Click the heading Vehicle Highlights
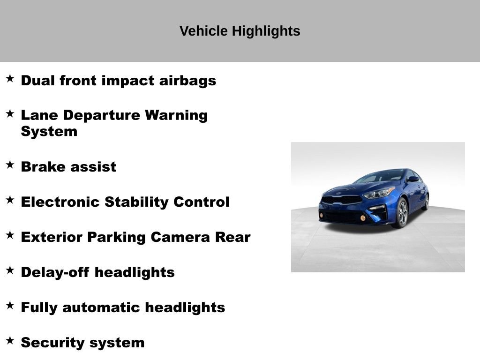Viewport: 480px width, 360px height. pyautogui.click(x=240, y=31)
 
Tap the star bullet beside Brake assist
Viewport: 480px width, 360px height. pyautogui.click(x=10, y=165)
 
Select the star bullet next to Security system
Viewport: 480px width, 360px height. pyautogui.click(x=10, y=340)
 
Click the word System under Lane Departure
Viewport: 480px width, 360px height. pyautogui.click(x=49, y=132)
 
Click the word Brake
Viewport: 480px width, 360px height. pyautogui.click(x=41, y=167)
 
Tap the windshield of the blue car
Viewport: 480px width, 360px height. pyautogui.click(x=381, y=177)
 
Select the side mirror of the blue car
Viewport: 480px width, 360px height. pyautogui.click(x=412, y=179)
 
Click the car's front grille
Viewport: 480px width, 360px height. pyautogui.click(x=341, y=200)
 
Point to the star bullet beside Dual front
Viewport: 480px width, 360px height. pyautogui.click(x=10, y=78)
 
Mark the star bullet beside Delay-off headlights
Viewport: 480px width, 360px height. pyautogui.click(x=10, y=270)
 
